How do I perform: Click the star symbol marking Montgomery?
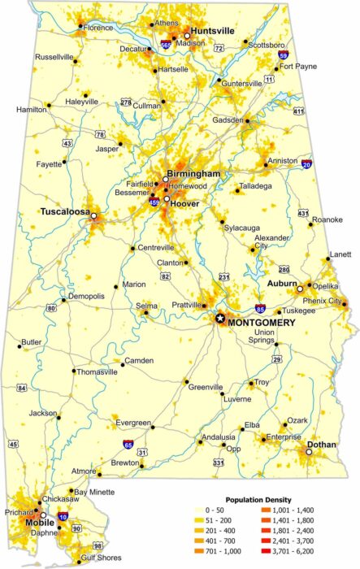click(x=219, y=319)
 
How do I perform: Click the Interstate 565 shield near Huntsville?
click(x=167, y=46)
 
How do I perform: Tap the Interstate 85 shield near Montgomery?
click(x=258, y=309)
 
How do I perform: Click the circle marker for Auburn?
click(x=299, y=289)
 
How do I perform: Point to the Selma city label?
click(x=147, y=305)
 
